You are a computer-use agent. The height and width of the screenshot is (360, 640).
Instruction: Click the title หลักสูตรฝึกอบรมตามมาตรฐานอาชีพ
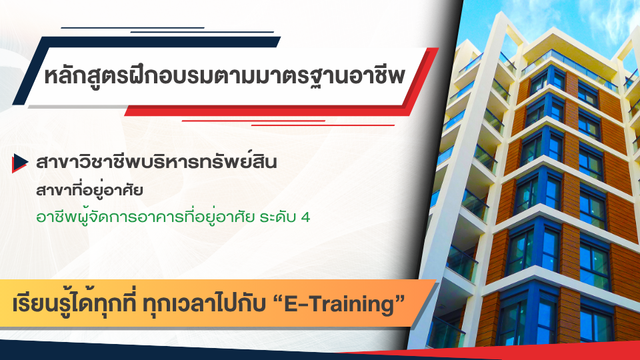225,76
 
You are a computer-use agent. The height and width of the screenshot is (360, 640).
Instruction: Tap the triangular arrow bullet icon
19,163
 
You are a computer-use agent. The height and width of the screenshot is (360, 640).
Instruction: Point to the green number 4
305,217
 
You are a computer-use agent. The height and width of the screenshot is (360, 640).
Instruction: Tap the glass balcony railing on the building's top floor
569,65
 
